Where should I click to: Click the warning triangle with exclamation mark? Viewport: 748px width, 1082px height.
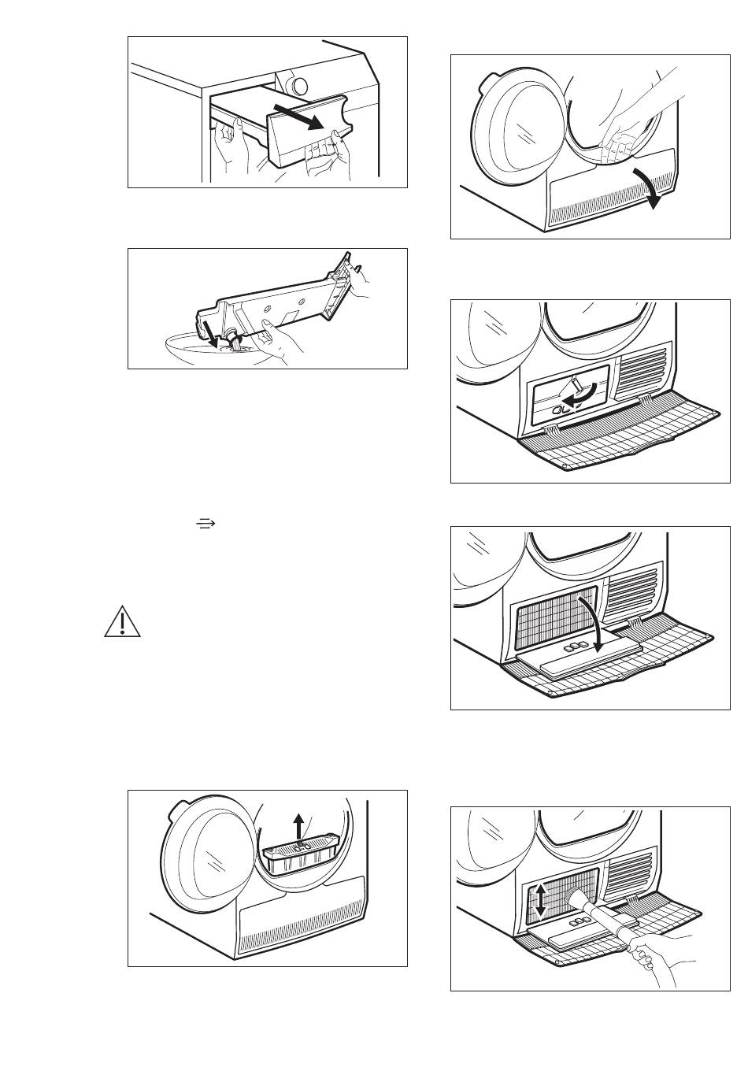(122, 623)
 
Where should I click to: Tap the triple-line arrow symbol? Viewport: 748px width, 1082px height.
(205, 524)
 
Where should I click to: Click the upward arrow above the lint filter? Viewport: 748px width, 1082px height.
(298, 828)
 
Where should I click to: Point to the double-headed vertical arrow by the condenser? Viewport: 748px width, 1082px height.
(540, 899)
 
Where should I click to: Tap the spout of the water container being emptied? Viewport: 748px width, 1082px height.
(234, 339)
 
